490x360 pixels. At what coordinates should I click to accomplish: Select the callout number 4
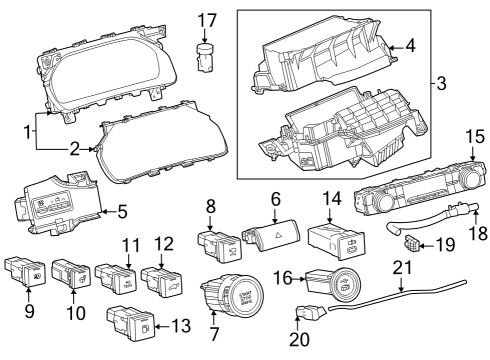pos(410,45)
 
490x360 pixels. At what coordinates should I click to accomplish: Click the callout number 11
pos(132,245)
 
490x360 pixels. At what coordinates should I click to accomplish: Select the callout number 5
pos(123,211)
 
